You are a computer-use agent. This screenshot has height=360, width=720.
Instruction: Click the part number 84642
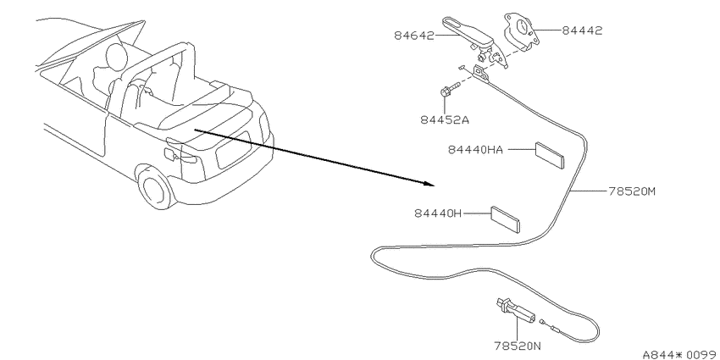click(x=413, y=35)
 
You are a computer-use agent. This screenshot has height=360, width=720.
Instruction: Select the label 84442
click(x=582, y=30)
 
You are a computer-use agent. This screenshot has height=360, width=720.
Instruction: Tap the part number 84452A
click(x=445, y=119)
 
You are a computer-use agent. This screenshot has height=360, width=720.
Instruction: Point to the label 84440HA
click(x=475, y=150)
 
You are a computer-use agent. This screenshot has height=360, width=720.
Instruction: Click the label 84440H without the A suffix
click(x=438, y=213)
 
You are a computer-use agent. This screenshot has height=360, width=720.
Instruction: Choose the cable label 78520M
click(x=632, y=191)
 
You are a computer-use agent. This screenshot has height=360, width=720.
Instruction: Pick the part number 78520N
click(x=518, y=345)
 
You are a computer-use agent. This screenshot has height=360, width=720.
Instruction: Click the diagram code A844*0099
click(x=680, y=354)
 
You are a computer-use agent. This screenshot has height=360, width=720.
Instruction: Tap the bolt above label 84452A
click(x=449, y=91)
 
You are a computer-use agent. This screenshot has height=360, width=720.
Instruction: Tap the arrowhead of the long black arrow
click(x=429, y=183)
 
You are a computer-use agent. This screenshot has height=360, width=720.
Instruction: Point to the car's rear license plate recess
click(x=233, y=150)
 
